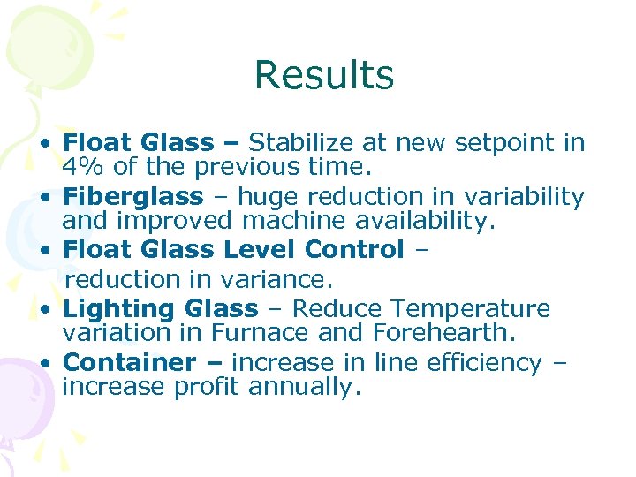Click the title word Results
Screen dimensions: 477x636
323,75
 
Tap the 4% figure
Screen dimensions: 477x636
81,168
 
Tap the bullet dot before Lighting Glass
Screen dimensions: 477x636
53,310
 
